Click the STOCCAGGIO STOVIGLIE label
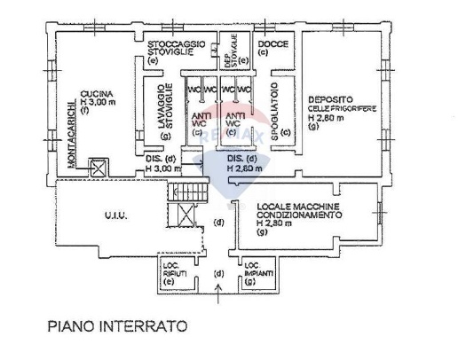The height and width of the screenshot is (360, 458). coord(177,46)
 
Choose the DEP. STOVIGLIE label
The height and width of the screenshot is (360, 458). coord(231,51)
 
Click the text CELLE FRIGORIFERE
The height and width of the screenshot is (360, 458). coord(341,108)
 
